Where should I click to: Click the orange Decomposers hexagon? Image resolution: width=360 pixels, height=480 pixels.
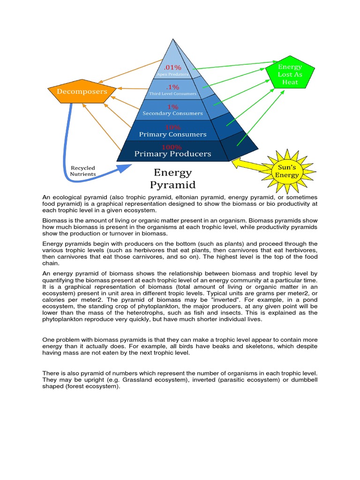pyautogui.click(x=82, y=91)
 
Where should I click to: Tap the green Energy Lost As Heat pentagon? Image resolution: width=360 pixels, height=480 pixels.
pyautogui.click(x=290, y=75)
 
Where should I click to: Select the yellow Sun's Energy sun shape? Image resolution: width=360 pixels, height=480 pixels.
pyautogui.click(x=287, y=172)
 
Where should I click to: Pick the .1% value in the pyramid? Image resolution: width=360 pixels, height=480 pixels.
pyautogui.click(x=172, y=87)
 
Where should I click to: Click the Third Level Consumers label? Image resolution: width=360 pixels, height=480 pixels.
pyautogui.click(x=172, y=94)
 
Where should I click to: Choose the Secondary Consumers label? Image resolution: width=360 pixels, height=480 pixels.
pyautogui.click(x=172, y=113)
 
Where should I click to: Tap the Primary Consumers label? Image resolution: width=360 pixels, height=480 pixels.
pyautogui.click(x=172, y=134)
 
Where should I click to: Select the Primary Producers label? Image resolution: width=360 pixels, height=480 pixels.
pyautogui.click(x=172, y=153)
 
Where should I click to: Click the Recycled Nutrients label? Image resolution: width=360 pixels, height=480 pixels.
pyautogui.click(x=83, y=171)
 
